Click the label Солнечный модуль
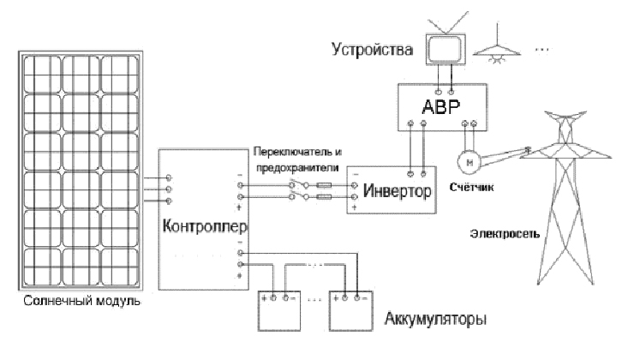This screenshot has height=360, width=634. click(x=81, y=302)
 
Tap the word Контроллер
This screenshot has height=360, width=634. click(x=205, y=226)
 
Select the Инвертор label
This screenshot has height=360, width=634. click(x=398, y=190)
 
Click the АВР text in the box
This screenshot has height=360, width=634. click(x=441, y=107)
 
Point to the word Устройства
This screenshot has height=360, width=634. click(x=373, y=50)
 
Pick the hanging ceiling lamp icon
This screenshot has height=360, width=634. click(x=497, y=48)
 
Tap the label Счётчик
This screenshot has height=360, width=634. click(x=471, y=187)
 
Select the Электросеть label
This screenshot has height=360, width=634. click(x=505, y=234)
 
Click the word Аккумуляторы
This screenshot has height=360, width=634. click(x=435, y=319)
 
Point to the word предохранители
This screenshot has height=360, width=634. click(x=297, y=167)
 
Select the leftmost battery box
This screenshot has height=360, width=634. click(x=279, y=311)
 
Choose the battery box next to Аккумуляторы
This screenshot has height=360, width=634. click(x=350, y=311)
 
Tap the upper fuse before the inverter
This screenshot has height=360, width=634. click(x=324, y=185)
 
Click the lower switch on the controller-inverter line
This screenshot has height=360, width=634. click(x=298, y=196)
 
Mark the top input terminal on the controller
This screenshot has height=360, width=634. click(x=169, y=177)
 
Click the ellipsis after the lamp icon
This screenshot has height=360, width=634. click(x=541, y=50)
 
